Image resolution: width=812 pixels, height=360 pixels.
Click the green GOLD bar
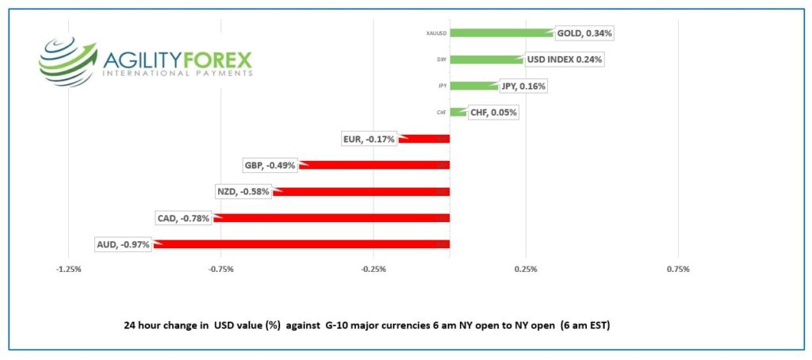501,33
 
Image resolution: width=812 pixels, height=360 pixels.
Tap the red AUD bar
301,243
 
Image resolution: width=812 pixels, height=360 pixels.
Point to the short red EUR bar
424,139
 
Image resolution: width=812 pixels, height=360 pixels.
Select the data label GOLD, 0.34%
584,33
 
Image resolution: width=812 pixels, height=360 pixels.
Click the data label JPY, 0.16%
523,86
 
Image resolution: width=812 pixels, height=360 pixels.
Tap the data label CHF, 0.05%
493,113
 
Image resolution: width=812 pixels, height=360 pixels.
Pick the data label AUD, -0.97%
122,243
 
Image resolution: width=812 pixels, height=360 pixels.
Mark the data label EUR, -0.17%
369,139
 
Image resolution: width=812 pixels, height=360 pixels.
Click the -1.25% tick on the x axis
69,270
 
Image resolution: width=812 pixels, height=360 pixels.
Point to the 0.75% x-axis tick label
678,270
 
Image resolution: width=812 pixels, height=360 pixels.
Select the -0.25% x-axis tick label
373,270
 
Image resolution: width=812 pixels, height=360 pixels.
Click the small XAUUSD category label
435,33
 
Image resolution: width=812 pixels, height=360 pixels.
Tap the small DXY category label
441,59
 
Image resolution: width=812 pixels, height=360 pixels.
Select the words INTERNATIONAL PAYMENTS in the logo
178,72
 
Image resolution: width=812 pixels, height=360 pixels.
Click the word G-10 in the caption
336,326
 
